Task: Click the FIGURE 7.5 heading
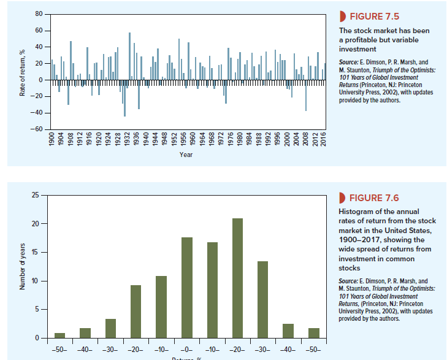[372, 15]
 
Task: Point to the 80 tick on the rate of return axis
[39, 13]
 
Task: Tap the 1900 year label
[53, 140]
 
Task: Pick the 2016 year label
[323, 140]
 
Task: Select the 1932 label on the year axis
[126, 140]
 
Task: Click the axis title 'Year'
[186, 155]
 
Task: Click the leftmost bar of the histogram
[59, 335]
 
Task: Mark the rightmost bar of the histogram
[314, 333]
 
